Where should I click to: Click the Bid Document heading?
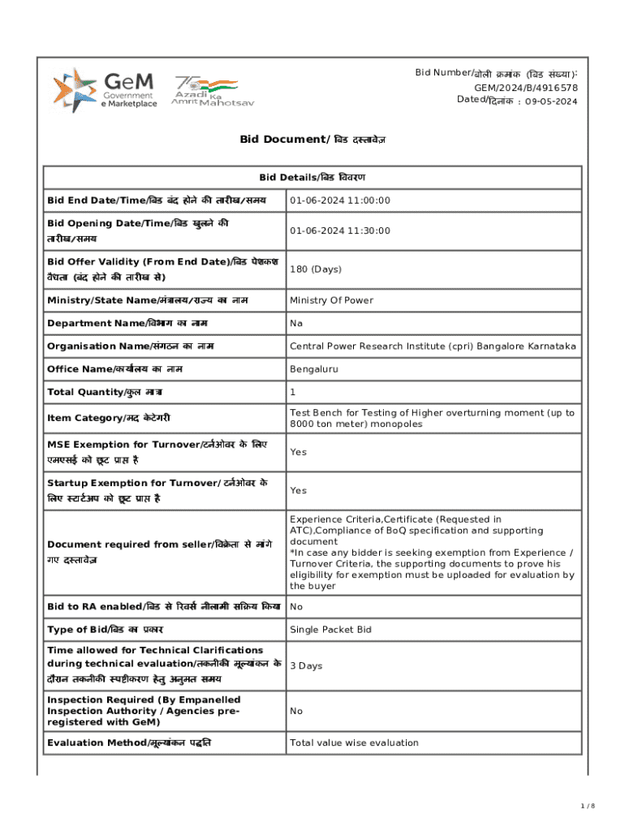(312, 140)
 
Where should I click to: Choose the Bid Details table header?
(312, 177)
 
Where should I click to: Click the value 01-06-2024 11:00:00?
(339, 200)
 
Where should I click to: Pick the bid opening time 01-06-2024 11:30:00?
(339, 230)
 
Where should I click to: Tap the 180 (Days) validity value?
(315, 269)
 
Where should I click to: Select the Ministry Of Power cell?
(331, 300)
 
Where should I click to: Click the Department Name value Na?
(296, 323)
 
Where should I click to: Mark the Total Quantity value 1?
(293, 392)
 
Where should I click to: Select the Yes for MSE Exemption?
(298, 452)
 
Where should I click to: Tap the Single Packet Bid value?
(331, 630)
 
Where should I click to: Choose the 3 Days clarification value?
(306, 666)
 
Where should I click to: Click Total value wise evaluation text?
(354, 743)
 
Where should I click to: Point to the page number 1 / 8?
(588, 806)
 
